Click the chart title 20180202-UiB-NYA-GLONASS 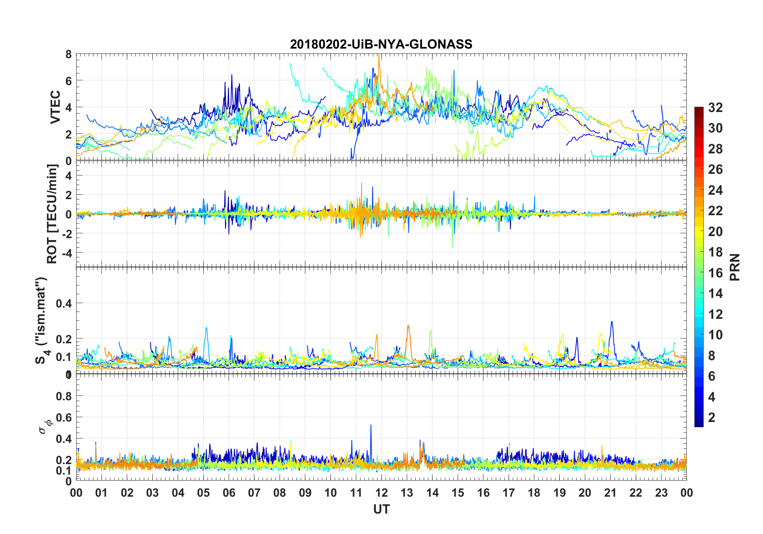pyautogui.click(x=381, y=44)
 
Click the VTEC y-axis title pyautogui.click(x=55, y=107)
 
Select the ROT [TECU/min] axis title pyautogui.click(x=52, y=214)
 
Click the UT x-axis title pyautogui.click(x=381, y=509)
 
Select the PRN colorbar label pyautogui.click(x=735, y=267)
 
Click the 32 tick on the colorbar pyautogui.click(x=715, y=108)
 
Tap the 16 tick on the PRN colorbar pyautogui.click(x=715, y=273)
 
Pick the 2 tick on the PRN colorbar pyautogui.click(x=712, y=418)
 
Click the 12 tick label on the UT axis pyautogui.click(x=381, y=493)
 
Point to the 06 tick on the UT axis pyautogui.click(x=229, y=493)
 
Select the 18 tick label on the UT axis pyautogui.click(x=534, y=493)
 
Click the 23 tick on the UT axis pyautogui.click(x=661, y=493)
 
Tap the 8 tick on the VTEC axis pyautogui.click(x=69, y=54)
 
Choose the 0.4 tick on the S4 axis pyautogui.click(x=64, y=303)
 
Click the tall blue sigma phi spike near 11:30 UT pyautogui.click(x=371, y=426)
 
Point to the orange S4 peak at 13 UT pyautogui.click(x=408, y=326)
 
